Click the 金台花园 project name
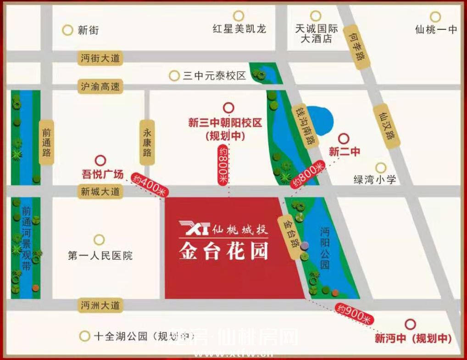223,251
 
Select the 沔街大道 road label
100,58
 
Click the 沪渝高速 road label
100,87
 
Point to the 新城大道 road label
100,191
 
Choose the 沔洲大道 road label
100,305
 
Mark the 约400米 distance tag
150,186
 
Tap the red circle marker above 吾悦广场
100,160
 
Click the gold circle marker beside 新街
68,30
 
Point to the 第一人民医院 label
100,256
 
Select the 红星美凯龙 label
239,29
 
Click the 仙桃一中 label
436,30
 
